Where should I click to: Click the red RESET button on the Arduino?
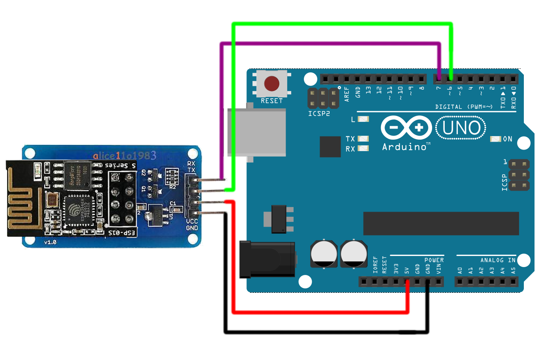pyautogui.click(x=271, y=83)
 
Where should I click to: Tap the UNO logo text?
pyautogui.click(x=461, y=128)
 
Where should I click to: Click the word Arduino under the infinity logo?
pyautogui.click(x=404, y=147)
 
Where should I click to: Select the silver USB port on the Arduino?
pyautogui.click(x=257, y=133)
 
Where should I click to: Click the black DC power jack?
pyautogui.click(x=267, y=259)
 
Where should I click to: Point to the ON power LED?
pyautogui.click(x=495, y=139)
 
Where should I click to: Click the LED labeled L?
pyautogui.click(x=363, y=119)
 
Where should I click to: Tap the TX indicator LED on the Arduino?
pyautogui.click(x=363, y=138)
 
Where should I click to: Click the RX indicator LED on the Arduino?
pyautogui.click(x=363, y=148)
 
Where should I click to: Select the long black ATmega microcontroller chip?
pyautogui.click(x=441, y=224)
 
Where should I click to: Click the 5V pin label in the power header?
pyautogui.click(x=407, y=270)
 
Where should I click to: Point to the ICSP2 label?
pyautogui.click(x=319, y=114)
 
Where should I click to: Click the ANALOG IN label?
pyautogui.click(x=498, y=260)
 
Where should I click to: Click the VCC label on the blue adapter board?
pyautogui.click(x=192, y=221)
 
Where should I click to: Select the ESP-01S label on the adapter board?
pyautogui.click(x=122, y=233)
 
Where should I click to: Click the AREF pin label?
pyautogui.click(x=347, y=94)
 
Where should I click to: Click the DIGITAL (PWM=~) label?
pyautogui.click(x=464, y=107)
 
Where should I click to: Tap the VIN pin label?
pyautogui.click(x=438, y=269)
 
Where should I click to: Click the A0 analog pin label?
pyautogui.click(x=460, y=271)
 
